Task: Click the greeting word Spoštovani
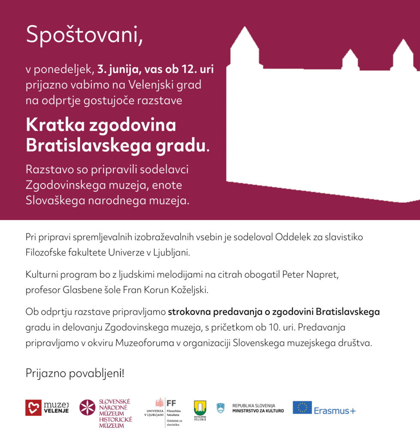coord(84,34)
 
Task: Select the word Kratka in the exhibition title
coord(54,125)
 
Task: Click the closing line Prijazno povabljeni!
coord(75,373)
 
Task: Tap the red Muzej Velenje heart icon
coord(33,407)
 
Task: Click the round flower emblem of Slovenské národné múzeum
coord(87,407)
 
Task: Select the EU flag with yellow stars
coord(302,407)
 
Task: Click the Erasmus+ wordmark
coord(335,411)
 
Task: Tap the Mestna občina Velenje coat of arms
coord(200,407)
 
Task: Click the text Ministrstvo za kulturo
coord(258,411)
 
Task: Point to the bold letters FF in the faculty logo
coord(171,403)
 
